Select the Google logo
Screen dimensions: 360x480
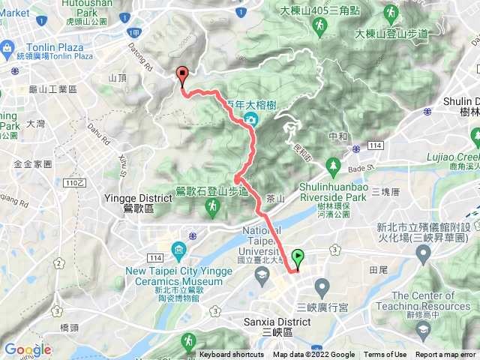coord(27,349)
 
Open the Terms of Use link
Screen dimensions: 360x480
coord(385,355)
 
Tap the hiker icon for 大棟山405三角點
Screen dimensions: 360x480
coord(318,27)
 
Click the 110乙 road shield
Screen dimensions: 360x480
coord(73,182)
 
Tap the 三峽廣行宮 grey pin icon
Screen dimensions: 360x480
coord(322,286)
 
